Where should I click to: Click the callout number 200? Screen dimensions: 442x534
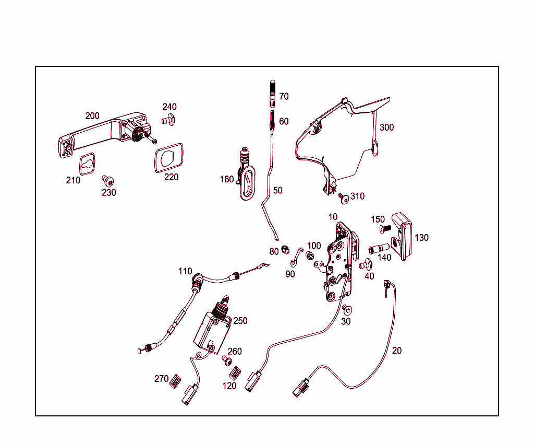pyautogui.click(x=92, y=116)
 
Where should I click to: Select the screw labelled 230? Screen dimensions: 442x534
pyautogui.click(x=108, y=181)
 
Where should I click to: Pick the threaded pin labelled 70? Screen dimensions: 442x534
pyautogui.click(x=272, y=92)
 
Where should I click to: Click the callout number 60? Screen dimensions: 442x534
pyautogui.click(x=284, y=122)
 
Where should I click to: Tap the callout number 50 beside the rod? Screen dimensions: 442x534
pyautogui.click(x=277, y=191)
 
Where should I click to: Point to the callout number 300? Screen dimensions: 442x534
pyautogui.click(x=386, y=127)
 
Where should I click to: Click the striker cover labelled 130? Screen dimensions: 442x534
pyautogui.click(x=403, y=236)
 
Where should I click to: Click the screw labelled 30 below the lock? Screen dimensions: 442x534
pyautogui.click(x=346, y=309)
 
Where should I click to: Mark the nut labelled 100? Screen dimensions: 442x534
pyautogui.click(x=310, y=256)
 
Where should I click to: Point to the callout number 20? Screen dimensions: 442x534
pyautogui.click(x=397, y=351)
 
